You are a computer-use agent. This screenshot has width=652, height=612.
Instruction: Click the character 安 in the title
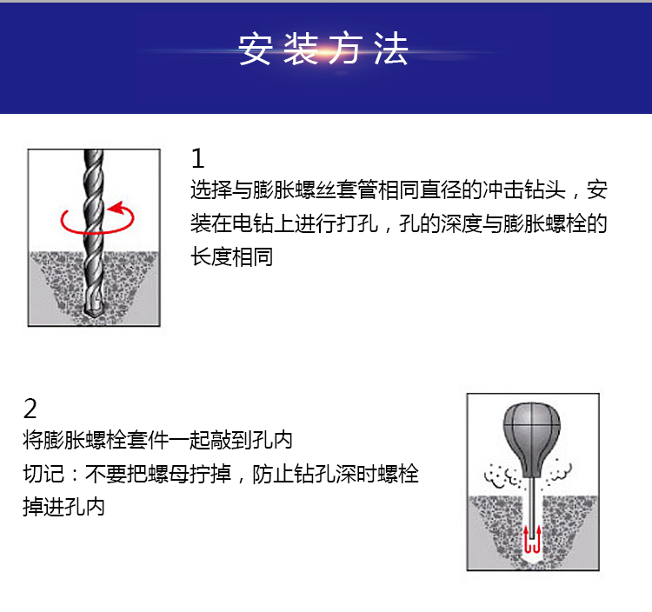[256, 49]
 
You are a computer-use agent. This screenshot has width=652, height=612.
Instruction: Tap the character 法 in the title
[390, 49]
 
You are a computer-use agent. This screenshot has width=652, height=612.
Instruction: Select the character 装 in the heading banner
[301, 49]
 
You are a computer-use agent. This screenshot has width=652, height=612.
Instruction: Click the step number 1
[198, 158]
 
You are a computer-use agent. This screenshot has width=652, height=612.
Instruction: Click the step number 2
[30, 409]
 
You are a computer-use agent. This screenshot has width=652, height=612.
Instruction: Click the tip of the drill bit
[91, 315]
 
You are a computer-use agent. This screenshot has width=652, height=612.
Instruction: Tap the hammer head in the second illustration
[532, 440]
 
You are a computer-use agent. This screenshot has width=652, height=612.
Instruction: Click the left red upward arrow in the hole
[527, 538]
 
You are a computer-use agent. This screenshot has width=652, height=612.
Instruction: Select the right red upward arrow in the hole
[537, 538]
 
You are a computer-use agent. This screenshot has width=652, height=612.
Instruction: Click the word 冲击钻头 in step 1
[524, 190]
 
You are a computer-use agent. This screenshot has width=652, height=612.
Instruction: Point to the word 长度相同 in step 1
[232, 256]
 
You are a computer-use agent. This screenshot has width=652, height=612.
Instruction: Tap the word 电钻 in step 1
[253, 223]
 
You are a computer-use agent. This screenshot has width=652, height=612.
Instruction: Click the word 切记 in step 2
[43, 474]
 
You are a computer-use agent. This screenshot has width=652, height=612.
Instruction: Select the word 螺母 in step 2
[169, 474]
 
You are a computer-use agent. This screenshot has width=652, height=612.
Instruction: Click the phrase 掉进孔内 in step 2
[63, 507]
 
